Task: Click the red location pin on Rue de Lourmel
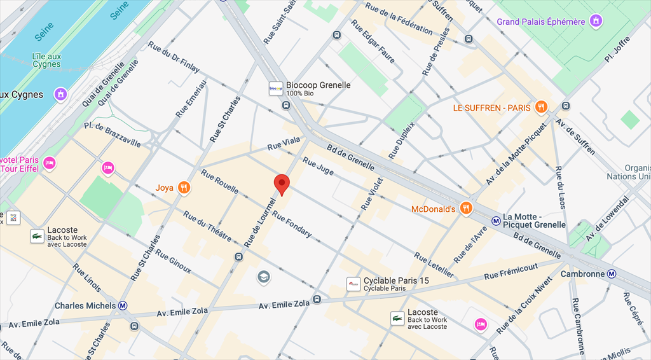pyautogui.click(x=282, y=183)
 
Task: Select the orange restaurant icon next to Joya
pyautogui.click(x=184, y=188)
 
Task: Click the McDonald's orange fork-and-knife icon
pyautogui.click(x=467, y=208)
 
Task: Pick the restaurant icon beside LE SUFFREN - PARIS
pyautogui.click(x=541, y=107)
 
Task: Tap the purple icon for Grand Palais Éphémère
pyautogui.click(x=596, y=22)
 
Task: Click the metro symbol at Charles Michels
pyautogui.click(x=123, y=305)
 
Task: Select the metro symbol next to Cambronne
pyautogui.click(x=612, y=274)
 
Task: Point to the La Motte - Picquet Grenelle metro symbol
pyautogui.click(x=496, y=221)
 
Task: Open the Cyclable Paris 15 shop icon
pyautogui.click(x=353, y=284)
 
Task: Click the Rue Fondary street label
pyautogui.click(x=292, y=225)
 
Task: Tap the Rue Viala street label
pyautogui.click(x=284, y=146)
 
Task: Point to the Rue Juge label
pyautogui.click(x=318, y=166)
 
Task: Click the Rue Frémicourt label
pyautogui.click(x=511, y=271)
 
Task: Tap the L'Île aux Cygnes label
pyautogui.click(x=46, y=60)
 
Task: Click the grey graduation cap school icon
pyautogui.click(x=263, y=277)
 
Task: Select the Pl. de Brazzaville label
pyautogui.click(x=112, y=135)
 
